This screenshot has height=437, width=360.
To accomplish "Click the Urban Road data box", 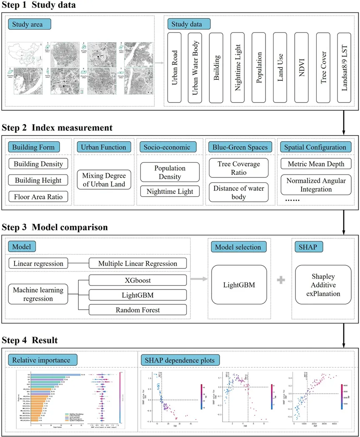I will click(175, 68).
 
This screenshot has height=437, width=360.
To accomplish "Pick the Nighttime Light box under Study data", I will click(238, 68).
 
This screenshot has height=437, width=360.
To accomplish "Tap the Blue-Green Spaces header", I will click(240, 147).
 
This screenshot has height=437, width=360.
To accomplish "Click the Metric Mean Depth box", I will click(316, 164).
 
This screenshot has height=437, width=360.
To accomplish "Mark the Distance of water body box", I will click(238, 192).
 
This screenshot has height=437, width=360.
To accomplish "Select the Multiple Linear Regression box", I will click(138, 263).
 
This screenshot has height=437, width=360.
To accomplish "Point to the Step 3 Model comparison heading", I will click(55, 228).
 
